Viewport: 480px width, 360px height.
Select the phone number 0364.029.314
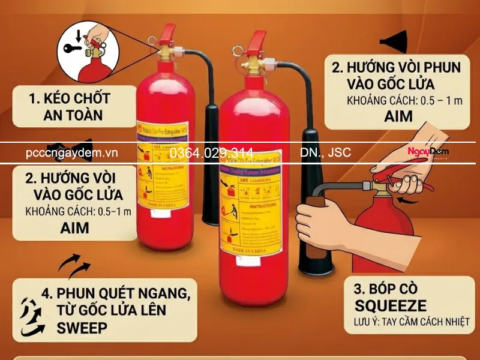(x=211, y=153)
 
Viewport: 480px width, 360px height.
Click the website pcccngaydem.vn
(x=71, y=153)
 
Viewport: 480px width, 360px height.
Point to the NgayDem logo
(x=428, y=152)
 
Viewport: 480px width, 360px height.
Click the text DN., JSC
(x=326, y=153)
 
